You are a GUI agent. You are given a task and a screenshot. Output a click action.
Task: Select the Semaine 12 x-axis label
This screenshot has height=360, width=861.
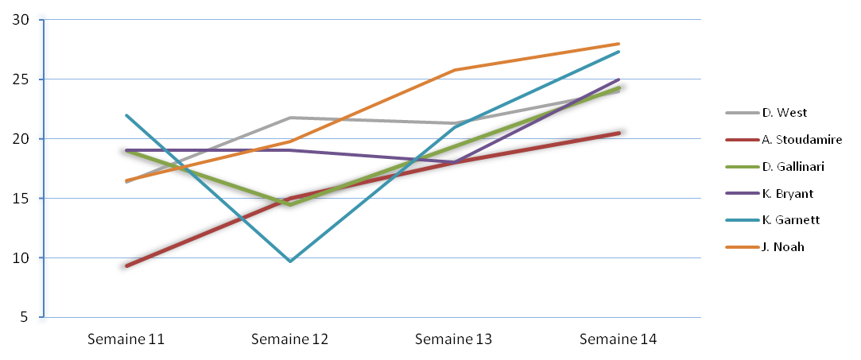(x=290, y=339)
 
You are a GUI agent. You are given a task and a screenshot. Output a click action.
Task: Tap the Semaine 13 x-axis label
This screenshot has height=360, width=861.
(x=454, y=339)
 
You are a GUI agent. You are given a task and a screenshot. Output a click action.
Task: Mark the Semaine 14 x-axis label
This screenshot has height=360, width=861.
(x=619, y=339)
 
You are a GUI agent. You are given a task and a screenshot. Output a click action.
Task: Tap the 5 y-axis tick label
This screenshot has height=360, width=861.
(x=25, y=317)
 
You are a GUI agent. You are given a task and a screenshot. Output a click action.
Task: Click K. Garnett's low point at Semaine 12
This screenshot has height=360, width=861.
(x=290, y=261)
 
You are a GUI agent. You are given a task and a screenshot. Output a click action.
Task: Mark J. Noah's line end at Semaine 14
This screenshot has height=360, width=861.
(x=619, y=44)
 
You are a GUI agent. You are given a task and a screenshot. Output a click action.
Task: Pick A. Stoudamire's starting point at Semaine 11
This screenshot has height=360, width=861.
(x=126, y=265)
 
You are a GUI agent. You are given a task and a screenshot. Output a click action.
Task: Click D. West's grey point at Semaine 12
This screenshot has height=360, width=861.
(x=290, y=118)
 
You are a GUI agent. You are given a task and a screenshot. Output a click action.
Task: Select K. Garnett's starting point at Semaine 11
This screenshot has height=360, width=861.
(x=126, y=115)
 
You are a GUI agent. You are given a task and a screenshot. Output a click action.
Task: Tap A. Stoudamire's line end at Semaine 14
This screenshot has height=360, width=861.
(x=619, y=133)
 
